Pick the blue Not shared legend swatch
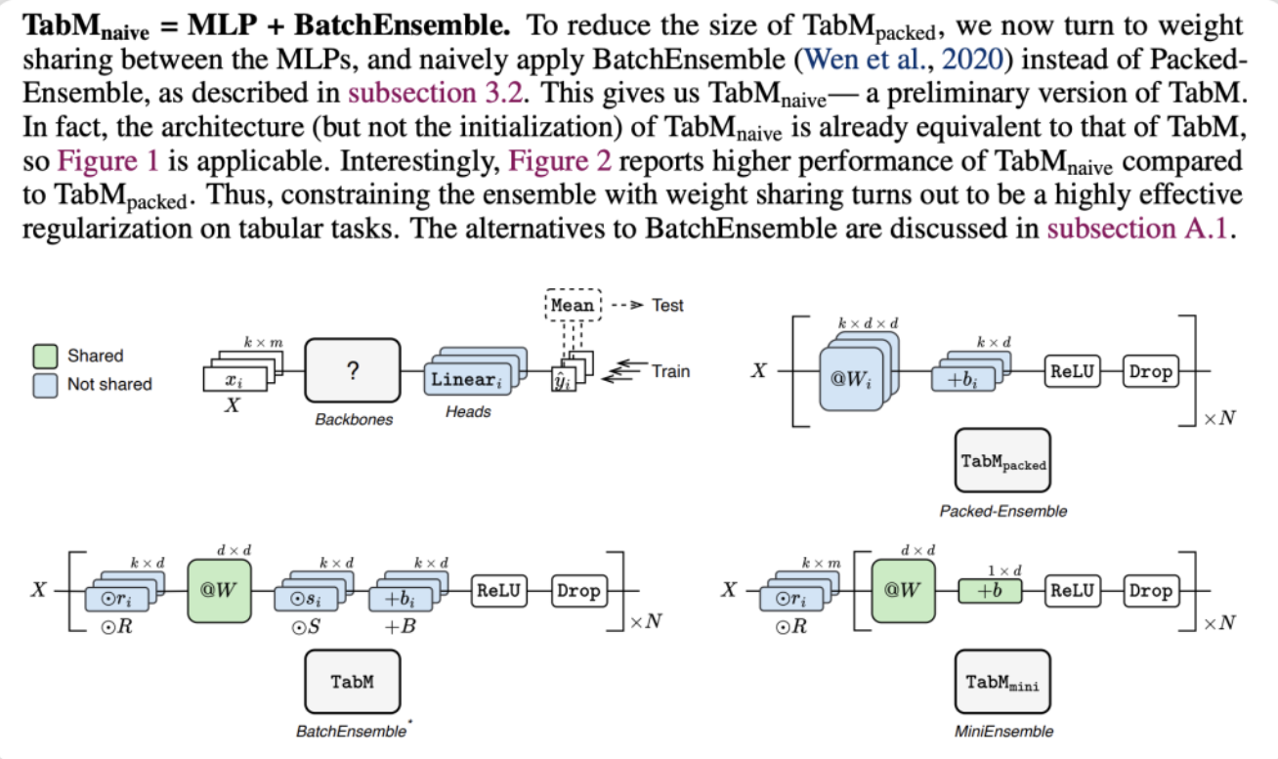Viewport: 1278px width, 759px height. tap(46, 384)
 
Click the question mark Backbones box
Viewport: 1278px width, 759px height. tap(353, 370)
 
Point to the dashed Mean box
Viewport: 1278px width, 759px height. tap(572, 305)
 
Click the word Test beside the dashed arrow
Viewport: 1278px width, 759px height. tap(667, 305)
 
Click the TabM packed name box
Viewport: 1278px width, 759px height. tap(1002, 460)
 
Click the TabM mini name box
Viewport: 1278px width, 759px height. tap(1002, 682)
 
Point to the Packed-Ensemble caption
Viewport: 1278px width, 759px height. tap(1002, 511)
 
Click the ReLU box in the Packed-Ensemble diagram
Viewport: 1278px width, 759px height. tap(1073, 371)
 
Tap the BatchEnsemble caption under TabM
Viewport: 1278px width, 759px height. tap(351, 731)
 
